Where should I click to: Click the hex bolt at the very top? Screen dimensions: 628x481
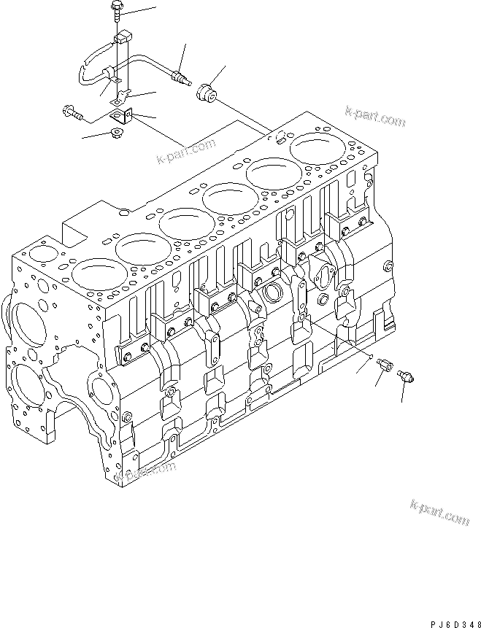pos(118,9)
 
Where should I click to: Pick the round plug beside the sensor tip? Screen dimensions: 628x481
pos(206,93)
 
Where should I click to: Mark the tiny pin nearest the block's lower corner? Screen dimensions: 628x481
pos(372,357)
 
